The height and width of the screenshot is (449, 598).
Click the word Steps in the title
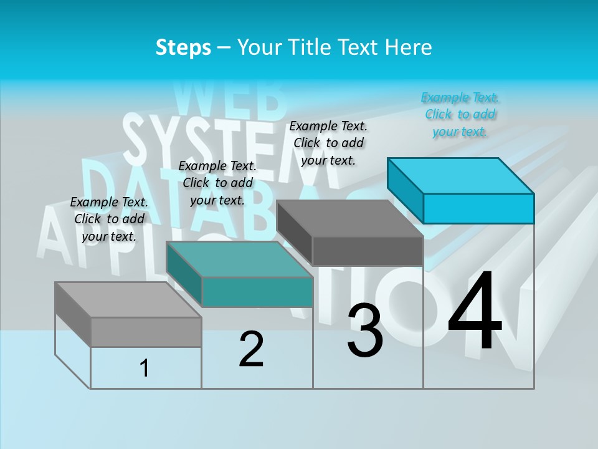tap(183, 48)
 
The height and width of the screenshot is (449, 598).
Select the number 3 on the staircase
tap(364, 331)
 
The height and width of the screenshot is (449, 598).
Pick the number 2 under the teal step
tap(251, 349)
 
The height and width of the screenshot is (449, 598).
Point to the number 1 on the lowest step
tap(144, 368)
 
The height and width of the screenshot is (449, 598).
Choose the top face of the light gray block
tap(128, 300)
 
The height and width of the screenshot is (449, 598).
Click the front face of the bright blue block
tap(478, 208)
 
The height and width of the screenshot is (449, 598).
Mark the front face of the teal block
tap(257, 292)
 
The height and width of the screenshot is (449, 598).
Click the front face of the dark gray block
tap(368, 251)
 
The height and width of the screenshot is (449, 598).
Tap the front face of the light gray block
tap(146, 332)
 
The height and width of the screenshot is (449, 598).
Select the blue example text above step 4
tap(460, 114)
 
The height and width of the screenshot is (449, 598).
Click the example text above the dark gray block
tap(329, 143)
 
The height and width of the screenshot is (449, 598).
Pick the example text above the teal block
tap(217, 183)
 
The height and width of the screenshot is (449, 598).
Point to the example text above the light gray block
tap(109, 219)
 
